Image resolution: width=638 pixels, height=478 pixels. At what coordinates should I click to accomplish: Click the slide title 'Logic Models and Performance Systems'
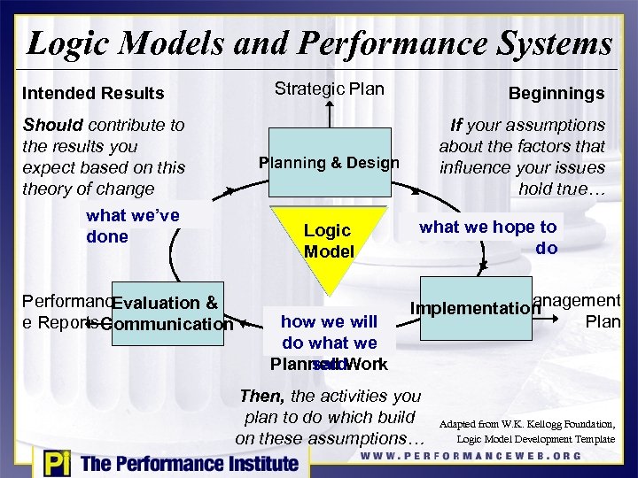[319, 42]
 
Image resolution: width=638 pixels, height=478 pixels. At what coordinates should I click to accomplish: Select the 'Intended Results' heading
[93, 93]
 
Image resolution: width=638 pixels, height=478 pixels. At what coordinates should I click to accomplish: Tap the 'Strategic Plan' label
[329, 89]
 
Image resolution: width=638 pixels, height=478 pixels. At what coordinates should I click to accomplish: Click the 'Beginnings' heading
[556, 93]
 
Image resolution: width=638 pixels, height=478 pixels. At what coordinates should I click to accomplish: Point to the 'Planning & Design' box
[329, 163]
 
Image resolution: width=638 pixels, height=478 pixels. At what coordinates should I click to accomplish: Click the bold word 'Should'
[52, 125]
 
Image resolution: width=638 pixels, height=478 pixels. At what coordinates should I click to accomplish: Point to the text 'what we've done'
[132, 226]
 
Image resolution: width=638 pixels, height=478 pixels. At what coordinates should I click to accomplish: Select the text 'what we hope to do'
[488, 237]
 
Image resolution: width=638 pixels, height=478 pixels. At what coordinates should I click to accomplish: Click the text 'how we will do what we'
[329, 332]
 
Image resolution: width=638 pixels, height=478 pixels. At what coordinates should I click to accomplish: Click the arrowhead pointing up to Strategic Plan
[329, 105]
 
